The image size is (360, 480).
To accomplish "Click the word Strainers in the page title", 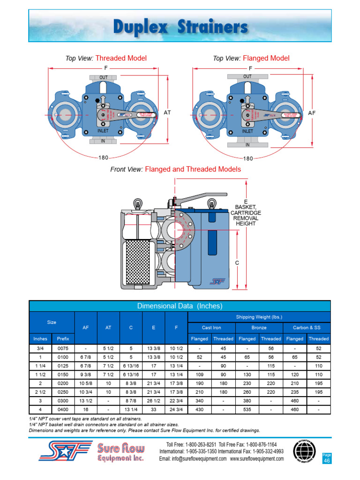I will pyautogui.click(x=213, y=28).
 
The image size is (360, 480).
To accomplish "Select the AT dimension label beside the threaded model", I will pyautogui.click(x=167, y=113).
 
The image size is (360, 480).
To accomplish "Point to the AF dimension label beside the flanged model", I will pyautogui.click(x=312, y=113).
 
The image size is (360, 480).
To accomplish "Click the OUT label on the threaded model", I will pyautogui.click(x=103, y=77).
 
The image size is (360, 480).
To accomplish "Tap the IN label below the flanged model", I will pyautogui.click(x=247, y=145).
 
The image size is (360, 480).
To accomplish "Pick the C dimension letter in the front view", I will pyautogui.click(x=237, y=263).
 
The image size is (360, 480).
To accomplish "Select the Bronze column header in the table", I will pyautogui.click(x=259, y=328).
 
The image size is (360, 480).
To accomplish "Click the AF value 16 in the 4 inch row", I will pyautogui.click(x=86, y=410).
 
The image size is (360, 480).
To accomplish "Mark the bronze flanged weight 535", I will pyautogui.click(x=247, y=410).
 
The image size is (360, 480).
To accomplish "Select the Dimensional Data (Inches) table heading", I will pyautogui.click(x=180, y=306).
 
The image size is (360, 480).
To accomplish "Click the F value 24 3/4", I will pyautogui.click(x=176, y=410).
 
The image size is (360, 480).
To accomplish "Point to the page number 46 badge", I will pyautogui.click(x=327, y=461).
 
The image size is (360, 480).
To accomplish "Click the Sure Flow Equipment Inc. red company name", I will pyautogui.click(x=121, y=453).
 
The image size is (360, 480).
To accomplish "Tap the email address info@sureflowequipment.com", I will pyautogui.click(x=193, y=459).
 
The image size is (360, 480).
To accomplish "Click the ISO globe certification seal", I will pyautogui.click(x=305, y=451).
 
